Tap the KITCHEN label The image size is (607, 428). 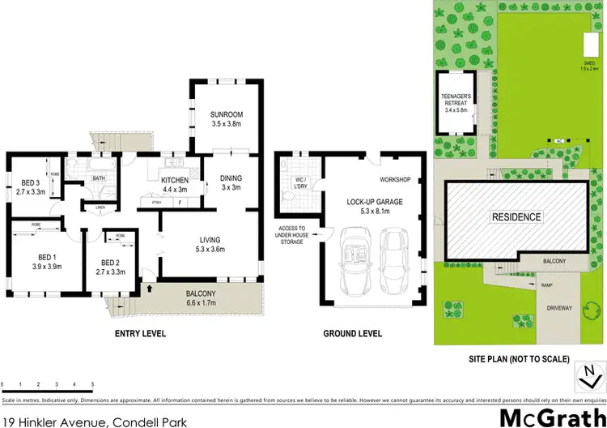(175, 180)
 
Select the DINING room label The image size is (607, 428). (232, 178)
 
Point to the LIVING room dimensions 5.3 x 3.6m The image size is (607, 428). (210, 249)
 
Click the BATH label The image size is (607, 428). (99, 179)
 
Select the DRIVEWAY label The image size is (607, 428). (558, 308)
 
